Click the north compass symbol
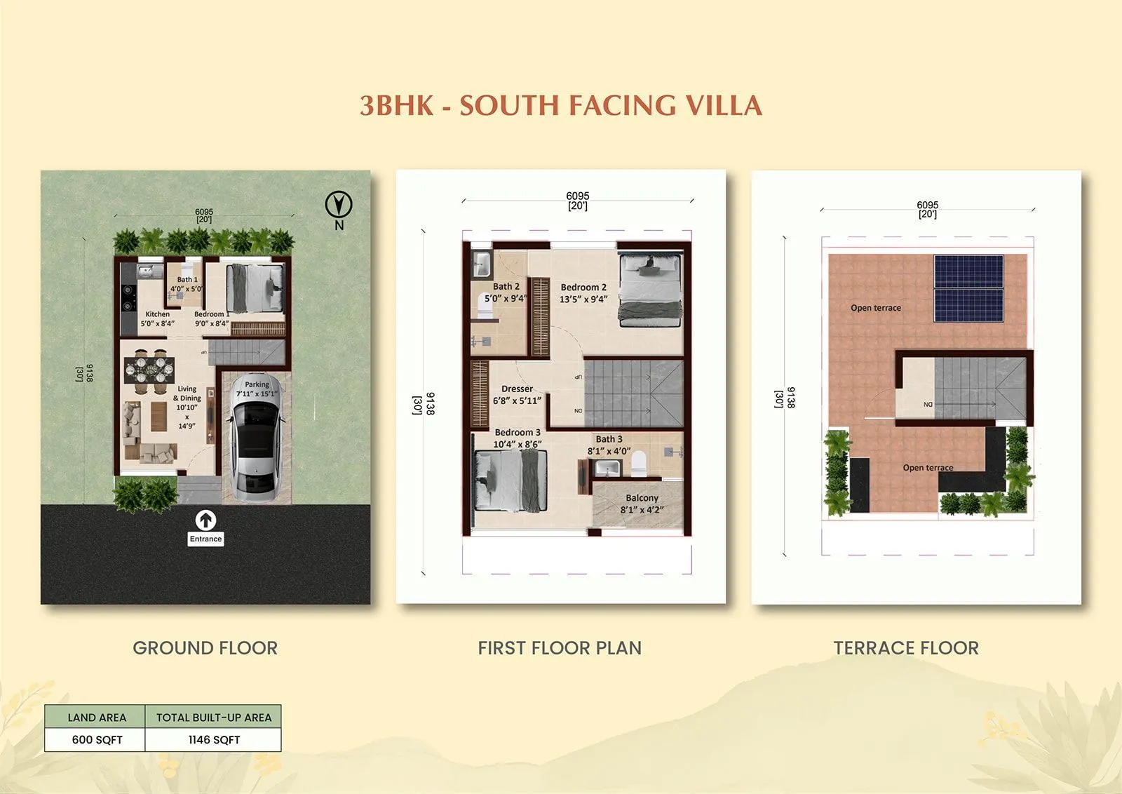point(339,206)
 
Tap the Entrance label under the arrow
point(205,539)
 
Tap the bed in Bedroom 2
point(650,289)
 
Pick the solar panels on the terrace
point(968,288)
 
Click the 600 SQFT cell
point(97,739)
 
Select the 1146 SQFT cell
point(214,739)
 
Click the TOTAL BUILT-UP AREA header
point(214,717)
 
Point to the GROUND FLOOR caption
point(205,647)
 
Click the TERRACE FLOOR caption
point(906,647)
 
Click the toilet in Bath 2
point(485,306)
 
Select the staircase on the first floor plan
point(633,392)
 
